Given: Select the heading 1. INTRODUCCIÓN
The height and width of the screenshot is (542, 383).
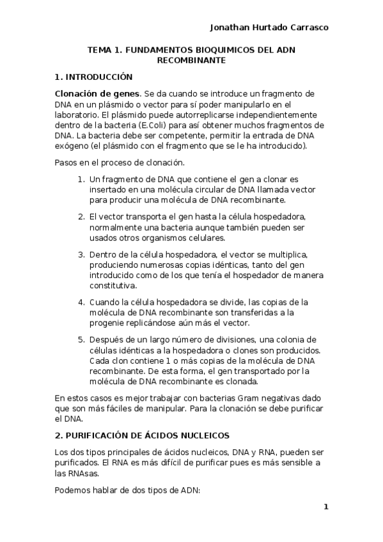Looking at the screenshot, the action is click(94, 77).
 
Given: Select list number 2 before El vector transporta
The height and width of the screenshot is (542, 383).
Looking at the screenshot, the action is click(81, 217).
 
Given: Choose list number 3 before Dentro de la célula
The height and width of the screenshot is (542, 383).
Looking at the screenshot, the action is click(81, 254).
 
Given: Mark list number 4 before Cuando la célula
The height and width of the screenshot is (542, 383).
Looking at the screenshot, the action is click(81, 302).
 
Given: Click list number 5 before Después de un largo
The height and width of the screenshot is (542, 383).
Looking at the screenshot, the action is click(81, 339).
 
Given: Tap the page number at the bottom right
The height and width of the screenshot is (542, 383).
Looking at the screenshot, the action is click(325, 507).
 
